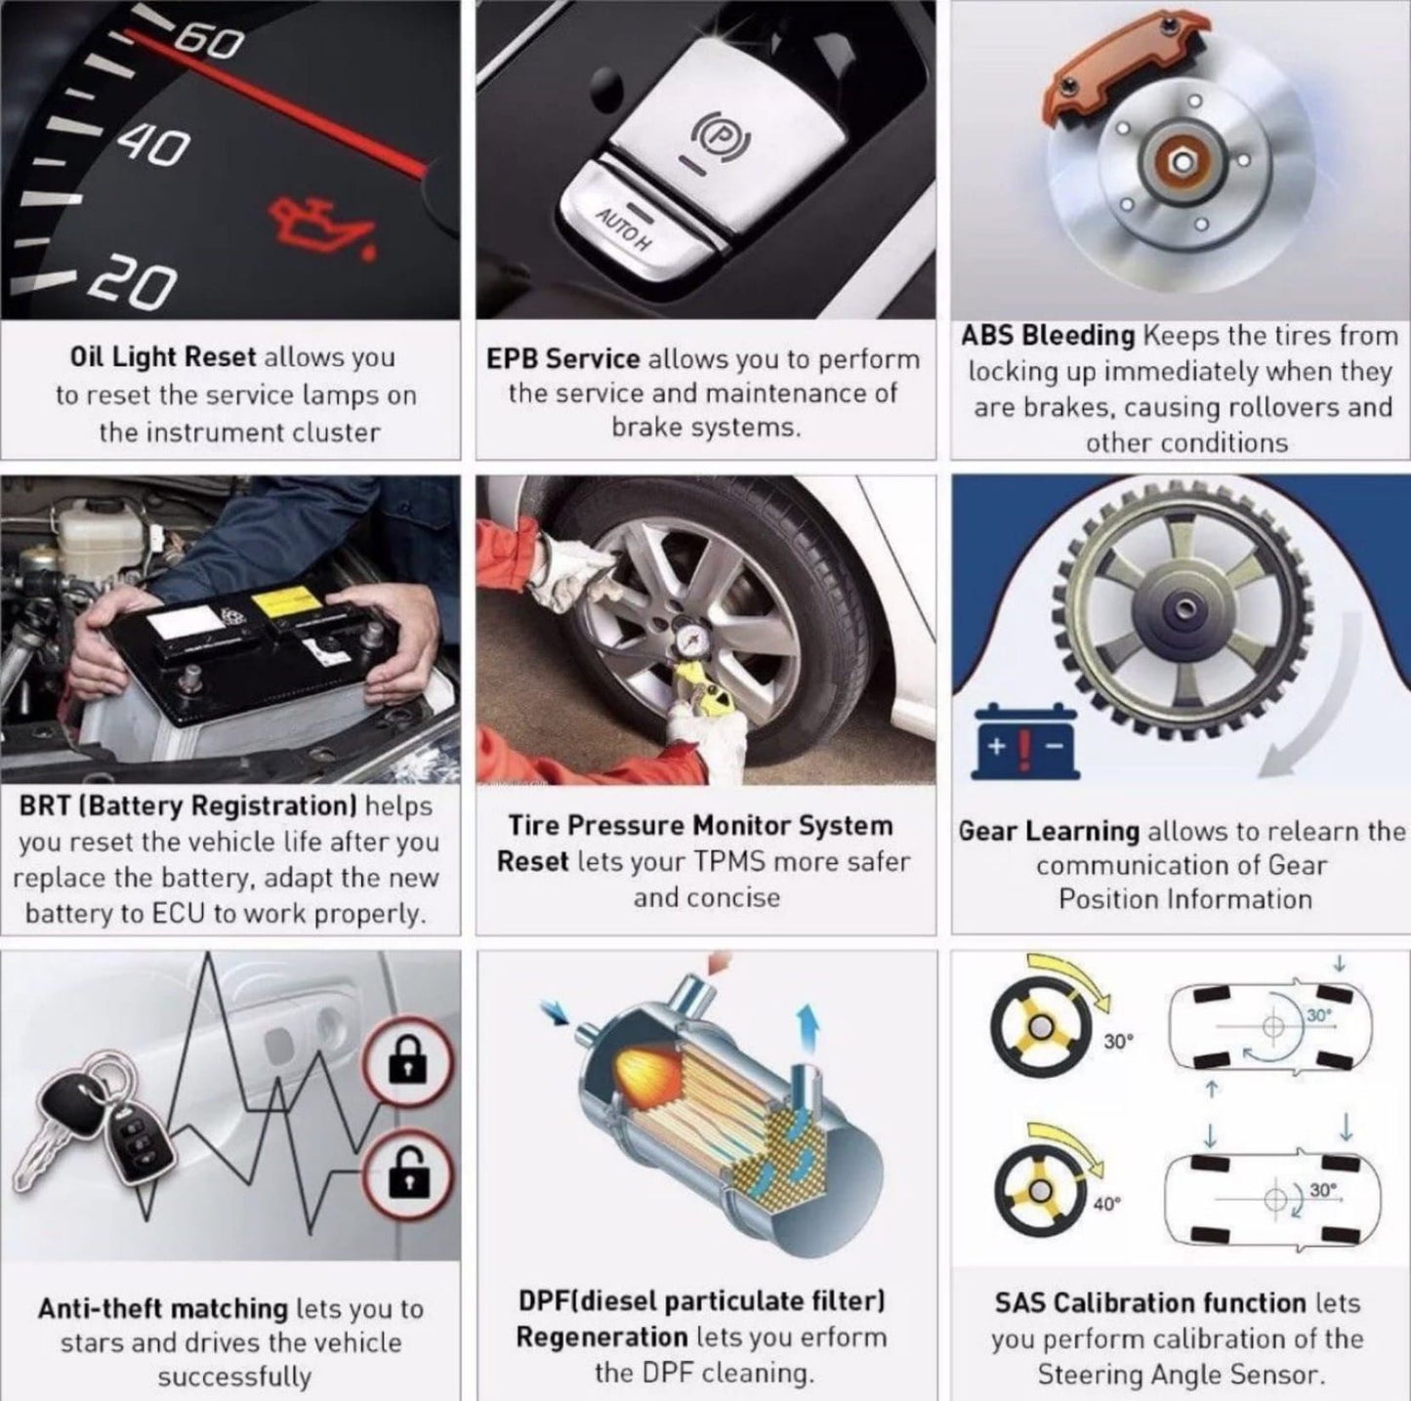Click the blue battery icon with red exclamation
click(1025, 741)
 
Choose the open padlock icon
click(408, 1172)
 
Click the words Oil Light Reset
click(162, 357)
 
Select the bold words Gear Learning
click(1050, 832)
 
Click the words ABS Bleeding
click(1048, 336)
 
